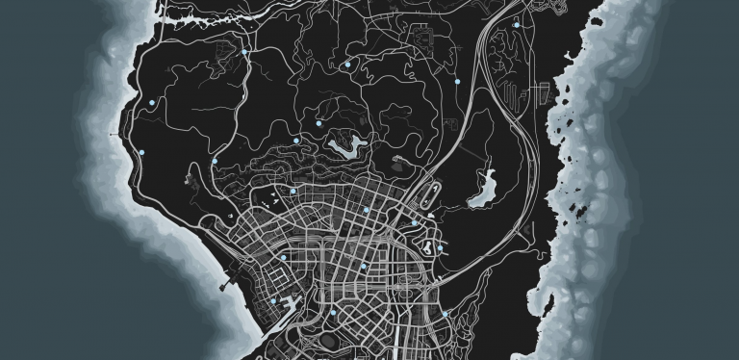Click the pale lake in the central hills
coord(346,146)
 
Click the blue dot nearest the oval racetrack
coord(415,223)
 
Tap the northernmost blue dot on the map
coord(516,24)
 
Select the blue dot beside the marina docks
coord(273,301)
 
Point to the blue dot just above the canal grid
coord(285,257)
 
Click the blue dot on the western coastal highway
coord(141,153)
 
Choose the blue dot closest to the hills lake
coord(319,123)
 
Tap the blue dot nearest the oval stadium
coord(332,313)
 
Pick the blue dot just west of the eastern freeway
coord(456,81)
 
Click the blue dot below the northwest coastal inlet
coord(244,52)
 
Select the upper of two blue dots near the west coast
coord(152,100)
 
